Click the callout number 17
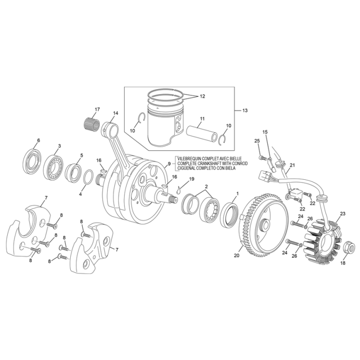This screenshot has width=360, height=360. [x=97, y=109]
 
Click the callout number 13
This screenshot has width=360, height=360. [x=245, y=110]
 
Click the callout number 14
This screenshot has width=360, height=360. [x=115, y=113]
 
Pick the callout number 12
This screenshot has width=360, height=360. [x=202, y=96]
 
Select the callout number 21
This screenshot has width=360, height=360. [x=292, y=166]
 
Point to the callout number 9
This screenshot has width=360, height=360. [x=169, y=164]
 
